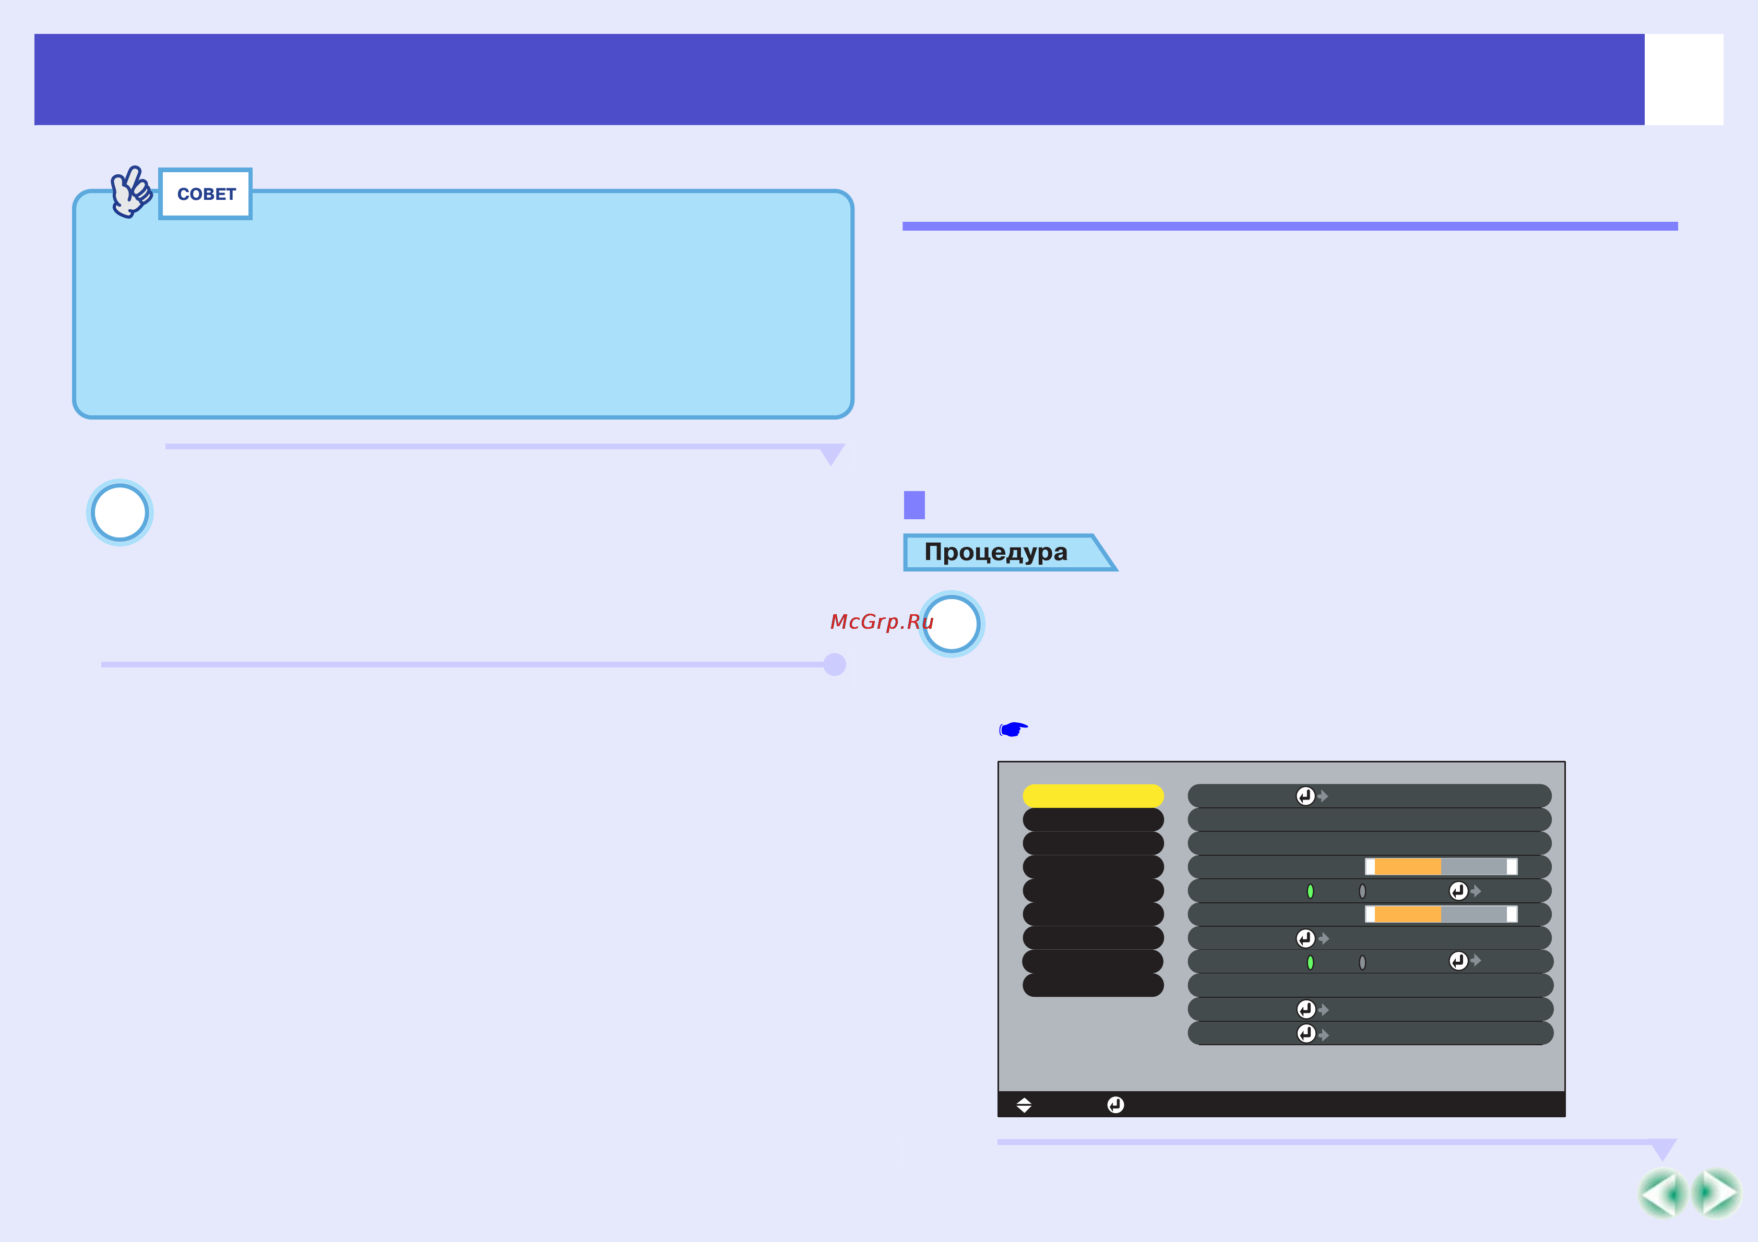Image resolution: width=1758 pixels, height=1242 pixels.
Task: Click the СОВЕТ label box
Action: (205, 194)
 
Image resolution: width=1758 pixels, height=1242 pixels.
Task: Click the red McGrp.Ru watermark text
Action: (882, 622)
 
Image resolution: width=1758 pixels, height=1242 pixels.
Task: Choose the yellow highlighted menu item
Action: (1092, 796)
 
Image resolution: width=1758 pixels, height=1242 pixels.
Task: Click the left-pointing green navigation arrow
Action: (1661, 1193)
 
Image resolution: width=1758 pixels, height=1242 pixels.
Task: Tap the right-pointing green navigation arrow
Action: (1716, 1193)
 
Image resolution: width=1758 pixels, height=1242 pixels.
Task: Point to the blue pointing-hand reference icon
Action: (1013, 729)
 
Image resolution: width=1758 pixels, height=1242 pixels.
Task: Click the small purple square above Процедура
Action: (914, 505)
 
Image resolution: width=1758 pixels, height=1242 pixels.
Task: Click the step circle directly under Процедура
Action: (951, 624)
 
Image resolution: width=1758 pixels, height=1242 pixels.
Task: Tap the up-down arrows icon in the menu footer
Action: (1024, 1105)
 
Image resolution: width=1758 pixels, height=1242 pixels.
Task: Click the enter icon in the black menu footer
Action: (1115, 1105)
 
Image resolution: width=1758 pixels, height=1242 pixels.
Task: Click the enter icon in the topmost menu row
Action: (1305, 796)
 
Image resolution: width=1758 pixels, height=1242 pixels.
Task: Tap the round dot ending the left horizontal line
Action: (835, 665)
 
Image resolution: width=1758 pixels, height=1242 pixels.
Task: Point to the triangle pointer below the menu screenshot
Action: (1663, 1149)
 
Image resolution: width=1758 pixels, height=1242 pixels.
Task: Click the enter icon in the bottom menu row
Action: (1306, 1034)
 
